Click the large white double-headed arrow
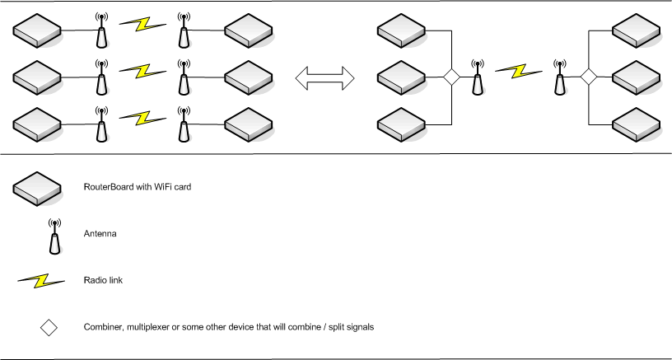[x=324, y=77]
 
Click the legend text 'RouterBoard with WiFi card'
[x=138, y=188]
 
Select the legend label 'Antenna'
[x=100, y=234]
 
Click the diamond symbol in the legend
[x=49, y=327]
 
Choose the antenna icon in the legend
[x=54, y=236]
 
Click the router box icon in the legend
[x=37, y=189]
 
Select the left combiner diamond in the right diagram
[x=451, y=77]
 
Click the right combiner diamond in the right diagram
[x=588, y=77]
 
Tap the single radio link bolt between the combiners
[x=518, y=71]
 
